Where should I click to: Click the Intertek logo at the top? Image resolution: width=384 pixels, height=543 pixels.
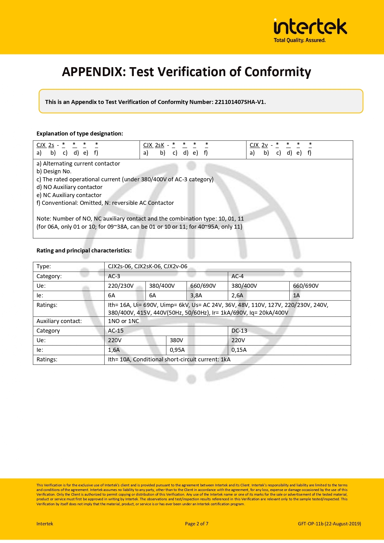pos(310,27)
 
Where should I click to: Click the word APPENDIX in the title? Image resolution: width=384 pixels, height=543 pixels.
pos(93,72)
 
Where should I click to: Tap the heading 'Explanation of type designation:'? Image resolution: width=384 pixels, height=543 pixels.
pos(80,134)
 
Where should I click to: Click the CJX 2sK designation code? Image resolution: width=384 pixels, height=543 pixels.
pos(154,145)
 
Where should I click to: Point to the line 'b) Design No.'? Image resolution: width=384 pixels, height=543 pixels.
pos(54,171)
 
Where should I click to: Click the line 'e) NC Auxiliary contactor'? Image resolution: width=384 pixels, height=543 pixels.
pos(69,195)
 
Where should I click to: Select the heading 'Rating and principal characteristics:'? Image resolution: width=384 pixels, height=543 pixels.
pos(84,251)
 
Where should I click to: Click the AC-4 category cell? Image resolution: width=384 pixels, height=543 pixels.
pos(237,276)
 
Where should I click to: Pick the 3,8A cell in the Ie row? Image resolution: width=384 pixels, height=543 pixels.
pos(196,295)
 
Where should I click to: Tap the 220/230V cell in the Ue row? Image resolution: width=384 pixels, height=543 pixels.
pos(121,286)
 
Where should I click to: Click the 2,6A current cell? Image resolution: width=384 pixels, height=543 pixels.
pos(237,295)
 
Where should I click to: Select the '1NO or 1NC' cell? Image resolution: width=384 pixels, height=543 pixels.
pos(123,321)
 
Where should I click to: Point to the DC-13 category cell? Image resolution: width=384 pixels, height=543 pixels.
pos(239,331)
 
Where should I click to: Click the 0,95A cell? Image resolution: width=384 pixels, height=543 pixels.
pos(177,350)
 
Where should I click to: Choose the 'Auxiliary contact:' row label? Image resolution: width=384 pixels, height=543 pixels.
pos(59,321)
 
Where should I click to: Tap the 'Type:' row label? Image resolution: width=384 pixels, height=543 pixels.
pos(44,266)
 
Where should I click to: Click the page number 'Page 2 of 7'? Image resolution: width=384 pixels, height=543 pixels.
pos(196,524)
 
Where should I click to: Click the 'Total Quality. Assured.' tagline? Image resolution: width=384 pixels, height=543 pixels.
pos(300,40)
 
